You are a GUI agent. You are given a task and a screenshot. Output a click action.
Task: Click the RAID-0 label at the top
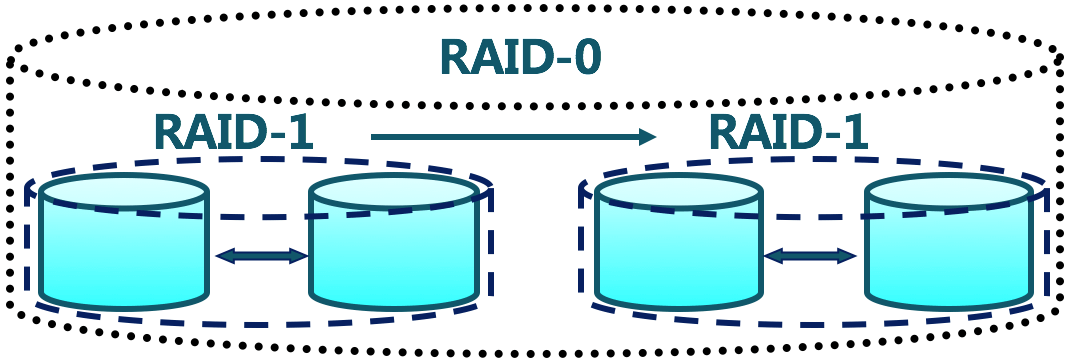click(x=521, y=58)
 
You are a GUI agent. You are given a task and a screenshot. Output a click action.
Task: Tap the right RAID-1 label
click(x=787, y=132)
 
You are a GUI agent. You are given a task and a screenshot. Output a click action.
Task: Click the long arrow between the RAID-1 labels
click(x=510, y=136)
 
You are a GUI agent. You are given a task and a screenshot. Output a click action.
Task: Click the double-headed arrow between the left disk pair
click(x=261, y=256)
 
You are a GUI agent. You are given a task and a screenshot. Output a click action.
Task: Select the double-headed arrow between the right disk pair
click(x=810, y=256)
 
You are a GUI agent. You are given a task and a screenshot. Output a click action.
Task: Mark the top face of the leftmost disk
click(x=124, y=190)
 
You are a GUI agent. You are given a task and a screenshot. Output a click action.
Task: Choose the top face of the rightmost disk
click(x=948, y=190)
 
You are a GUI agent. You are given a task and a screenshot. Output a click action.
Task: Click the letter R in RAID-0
click(x=456, y=58)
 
